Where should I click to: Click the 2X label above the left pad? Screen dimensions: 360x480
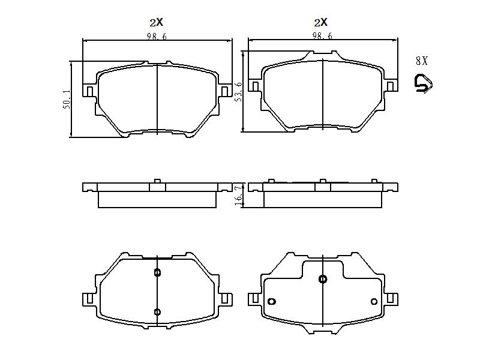[156, 22]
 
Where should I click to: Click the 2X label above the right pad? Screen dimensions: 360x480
[321, 22]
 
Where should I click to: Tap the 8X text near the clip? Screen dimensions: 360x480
[421, 61]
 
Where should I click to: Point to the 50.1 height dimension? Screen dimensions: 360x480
[67, 100]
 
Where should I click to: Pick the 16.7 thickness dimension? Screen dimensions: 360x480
[238, 195]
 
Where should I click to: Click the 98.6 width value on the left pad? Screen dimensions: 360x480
[157, 37]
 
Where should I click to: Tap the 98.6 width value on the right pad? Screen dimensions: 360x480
[322, 37]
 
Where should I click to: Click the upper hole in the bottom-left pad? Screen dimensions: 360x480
[157, 273]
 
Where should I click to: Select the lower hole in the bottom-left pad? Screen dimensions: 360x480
[157, 311]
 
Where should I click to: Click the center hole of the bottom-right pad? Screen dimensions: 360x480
[323, 279]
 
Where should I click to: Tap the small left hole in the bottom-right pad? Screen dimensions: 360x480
[271, 301]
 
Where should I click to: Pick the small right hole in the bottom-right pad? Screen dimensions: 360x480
[374, 301]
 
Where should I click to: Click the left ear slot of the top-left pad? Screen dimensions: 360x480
[89, 91]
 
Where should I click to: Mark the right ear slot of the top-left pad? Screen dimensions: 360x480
[225, 91]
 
